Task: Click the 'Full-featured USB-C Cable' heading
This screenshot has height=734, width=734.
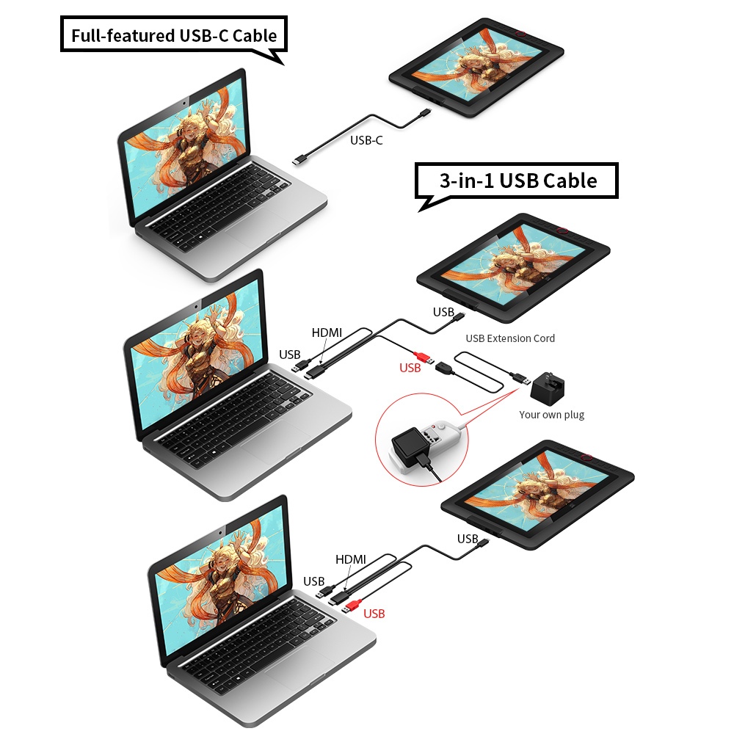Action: click(173, 34)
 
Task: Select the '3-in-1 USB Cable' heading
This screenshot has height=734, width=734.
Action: click(517, 180)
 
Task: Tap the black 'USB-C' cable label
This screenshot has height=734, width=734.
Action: click(366, 140)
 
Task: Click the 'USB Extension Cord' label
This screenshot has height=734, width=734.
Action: click(510, 338)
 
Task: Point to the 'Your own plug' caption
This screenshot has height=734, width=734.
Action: click(551, 415)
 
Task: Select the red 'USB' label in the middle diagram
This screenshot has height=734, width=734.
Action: click(410, 368)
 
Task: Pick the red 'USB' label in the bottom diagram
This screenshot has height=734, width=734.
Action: click(374, 613)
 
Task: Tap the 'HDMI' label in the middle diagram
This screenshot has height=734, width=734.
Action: click(327, 333)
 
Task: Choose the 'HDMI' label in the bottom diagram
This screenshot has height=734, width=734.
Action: click(351, 559)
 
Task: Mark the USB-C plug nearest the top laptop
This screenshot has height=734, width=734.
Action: click(299, 159)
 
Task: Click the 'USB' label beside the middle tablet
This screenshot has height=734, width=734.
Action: click(443, 312)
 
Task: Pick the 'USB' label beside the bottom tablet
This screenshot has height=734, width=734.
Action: click(468, 539)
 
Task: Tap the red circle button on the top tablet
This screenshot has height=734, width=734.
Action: click(523, 33)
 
